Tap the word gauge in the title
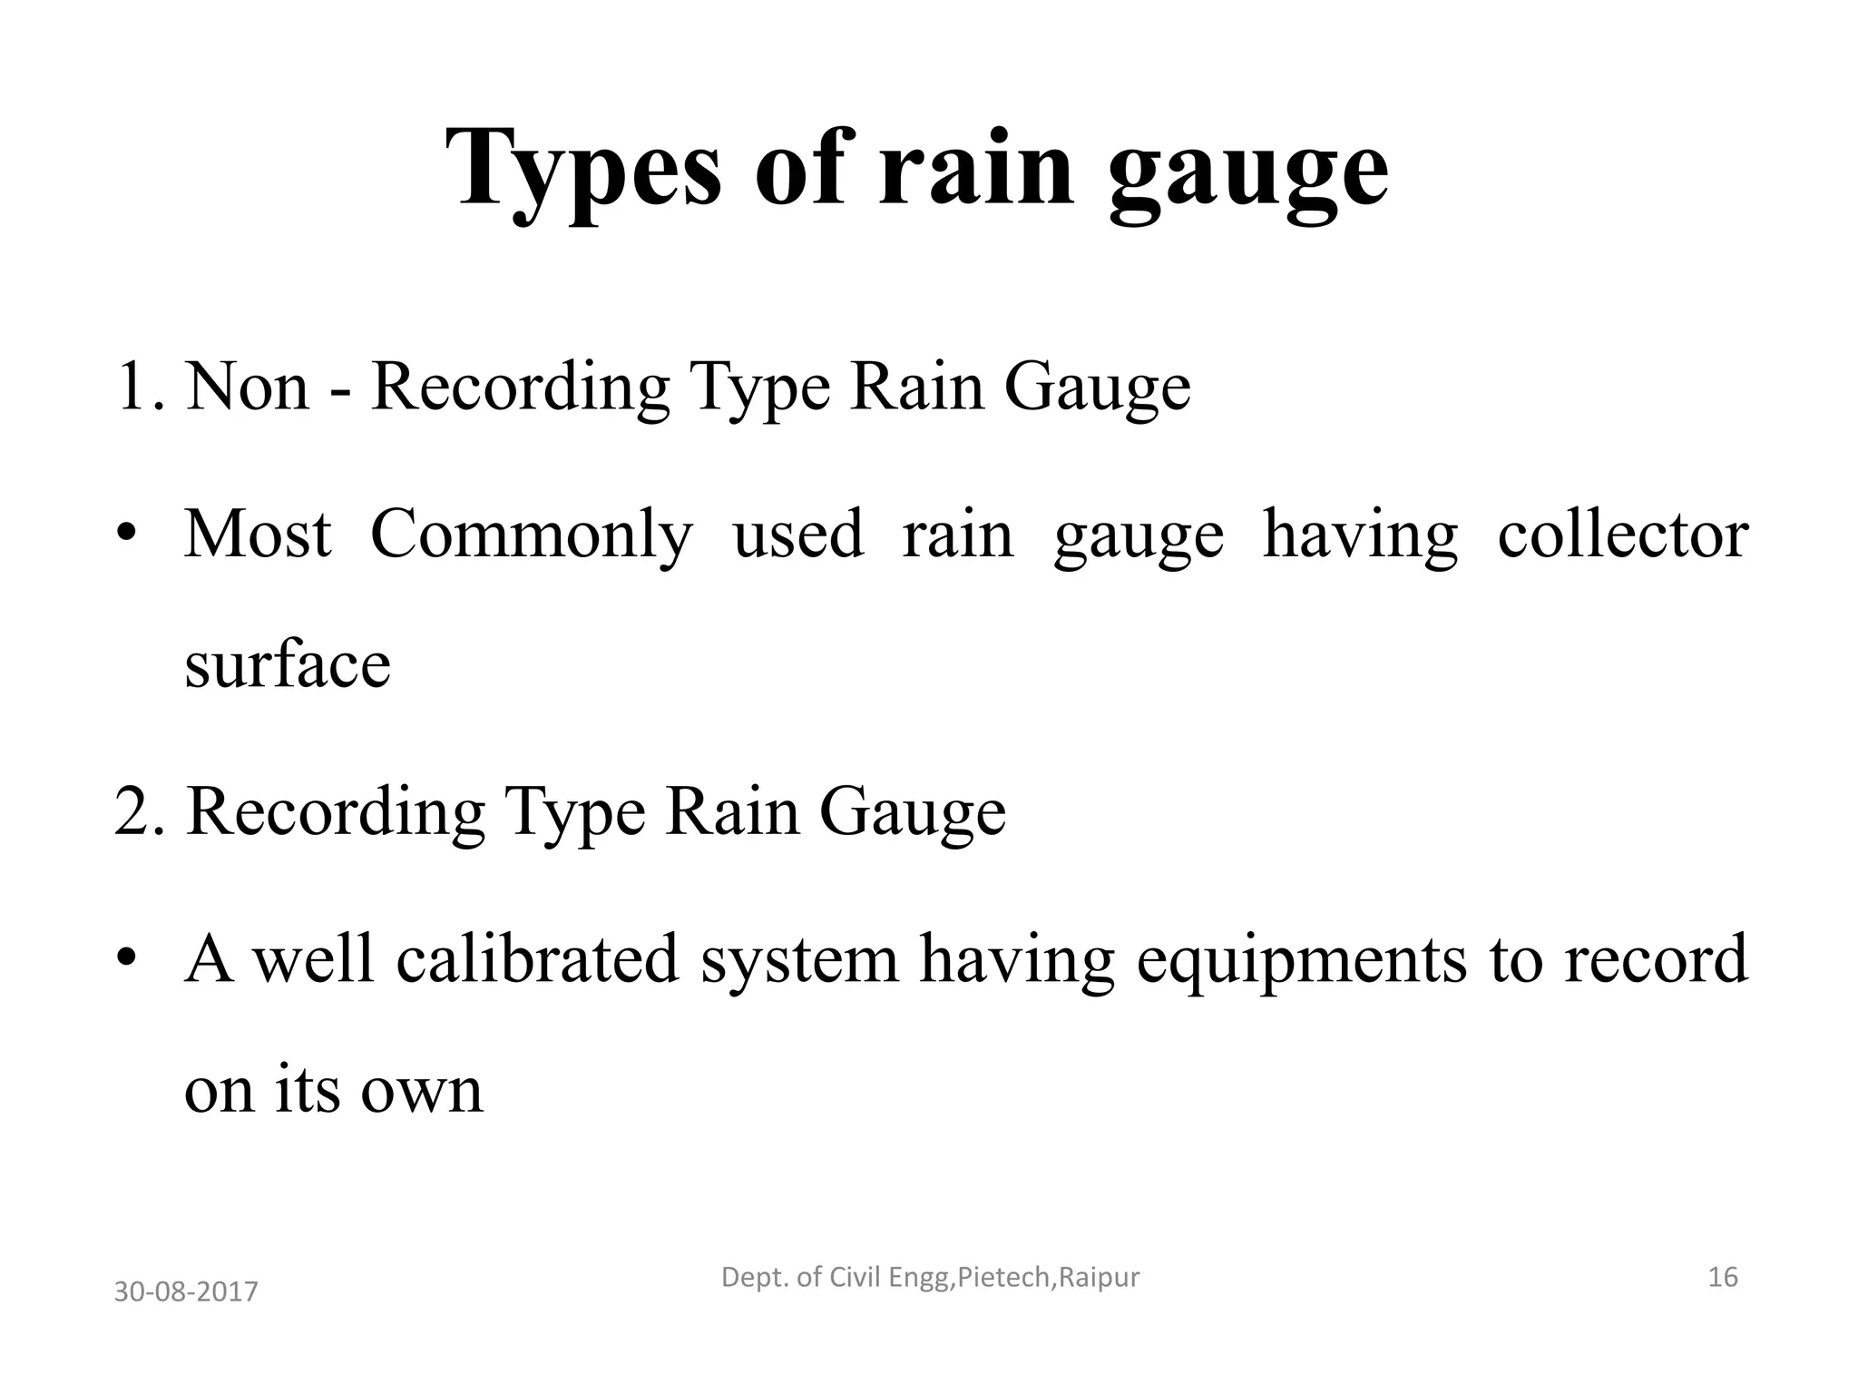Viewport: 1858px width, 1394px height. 1248,172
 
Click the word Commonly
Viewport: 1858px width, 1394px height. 531,535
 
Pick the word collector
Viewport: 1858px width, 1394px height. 1623,535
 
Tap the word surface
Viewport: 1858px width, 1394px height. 287,664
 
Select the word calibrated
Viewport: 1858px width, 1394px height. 537,959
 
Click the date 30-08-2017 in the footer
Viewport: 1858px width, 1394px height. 186,1291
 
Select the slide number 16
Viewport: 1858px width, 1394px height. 1722,1278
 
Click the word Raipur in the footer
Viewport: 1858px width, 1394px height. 1100,1278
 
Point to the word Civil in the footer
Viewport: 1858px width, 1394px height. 858,1278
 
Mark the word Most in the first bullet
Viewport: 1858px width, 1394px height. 258,535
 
